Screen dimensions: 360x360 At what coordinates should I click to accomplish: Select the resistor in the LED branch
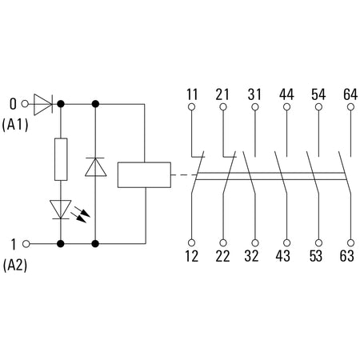pos(61,159)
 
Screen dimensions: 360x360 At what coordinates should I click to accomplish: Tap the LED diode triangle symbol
pos(61,210)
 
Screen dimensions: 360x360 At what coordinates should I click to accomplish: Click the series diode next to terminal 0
pos(43,104)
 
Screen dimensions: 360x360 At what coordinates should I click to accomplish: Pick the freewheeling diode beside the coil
pos(95,167)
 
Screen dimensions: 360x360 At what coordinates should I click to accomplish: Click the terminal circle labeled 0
pos(25,104)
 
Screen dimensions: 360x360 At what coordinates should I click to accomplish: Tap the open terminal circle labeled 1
pos(26,244)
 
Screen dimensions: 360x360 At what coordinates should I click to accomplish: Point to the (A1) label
pos(15,125)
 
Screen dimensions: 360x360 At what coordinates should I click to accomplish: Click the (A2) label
pos(15,266)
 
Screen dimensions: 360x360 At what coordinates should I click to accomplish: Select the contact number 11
pos(192,94)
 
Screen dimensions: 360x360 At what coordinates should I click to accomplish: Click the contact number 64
pos(350,94)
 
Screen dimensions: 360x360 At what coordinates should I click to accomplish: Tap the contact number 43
pos(283,256)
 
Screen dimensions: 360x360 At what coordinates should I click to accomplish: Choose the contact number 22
pos(222,256)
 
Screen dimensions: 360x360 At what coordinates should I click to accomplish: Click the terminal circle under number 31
pos(255,107)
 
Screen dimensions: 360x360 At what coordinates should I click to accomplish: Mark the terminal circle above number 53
pos(318,243)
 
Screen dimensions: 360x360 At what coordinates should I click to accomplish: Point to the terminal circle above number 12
pos(191,243)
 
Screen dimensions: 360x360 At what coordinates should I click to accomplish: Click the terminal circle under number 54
pos(318,107)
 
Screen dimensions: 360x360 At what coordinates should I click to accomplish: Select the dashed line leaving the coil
pos(183,175)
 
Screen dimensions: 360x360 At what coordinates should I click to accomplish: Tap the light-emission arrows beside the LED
pos(80,214)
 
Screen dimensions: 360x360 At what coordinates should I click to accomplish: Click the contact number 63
pos(347,256)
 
